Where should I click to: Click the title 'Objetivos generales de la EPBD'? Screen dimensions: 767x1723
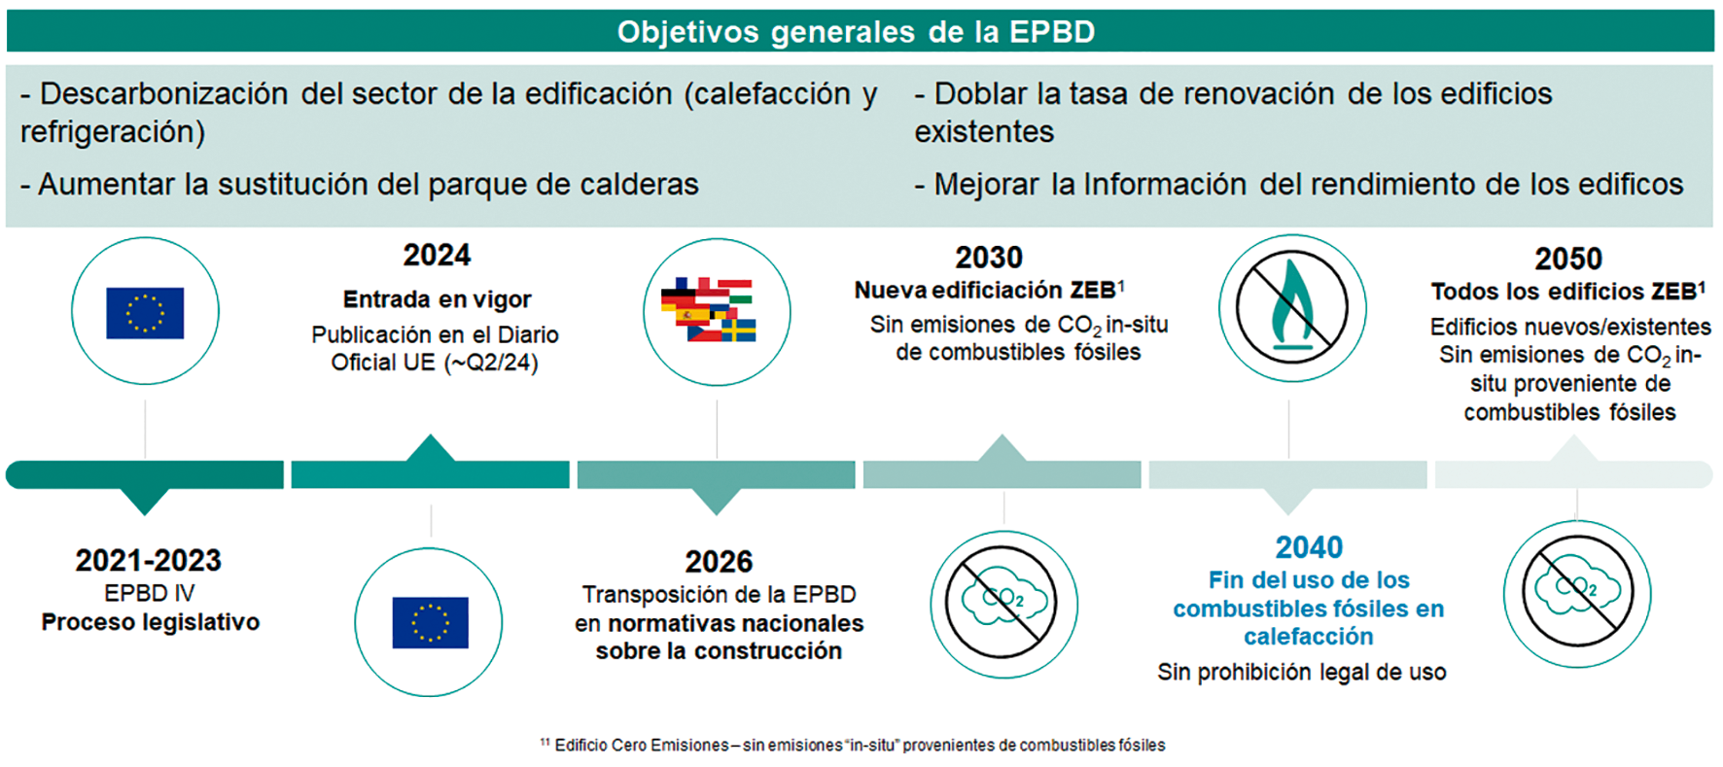(856, 32)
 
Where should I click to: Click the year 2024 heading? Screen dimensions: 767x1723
(437, 256)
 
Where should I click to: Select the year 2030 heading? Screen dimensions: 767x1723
(988, 258)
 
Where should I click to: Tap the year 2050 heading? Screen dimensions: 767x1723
(1567, 259)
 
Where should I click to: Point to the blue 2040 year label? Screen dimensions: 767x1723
(1309, 547)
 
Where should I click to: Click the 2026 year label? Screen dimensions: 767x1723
(719, 562)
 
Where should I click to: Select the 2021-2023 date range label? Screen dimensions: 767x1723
(149, 561)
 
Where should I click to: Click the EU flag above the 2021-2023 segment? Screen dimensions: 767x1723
(145, 312)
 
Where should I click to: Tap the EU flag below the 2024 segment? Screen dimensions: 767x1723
(430, 622)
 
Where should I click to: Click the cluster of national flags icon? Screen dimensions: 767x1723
(716, 312)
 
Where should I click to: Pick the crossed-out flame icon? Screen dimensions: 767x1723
(1291, 308)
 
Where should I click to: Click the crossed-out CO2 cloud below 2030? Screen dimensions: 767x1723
(1003, 604)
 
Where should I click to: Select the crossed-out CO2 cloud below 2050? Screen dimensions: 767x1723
(1576, 593)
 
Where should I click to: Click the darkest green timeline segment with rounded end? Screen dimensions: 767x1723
(145, 474)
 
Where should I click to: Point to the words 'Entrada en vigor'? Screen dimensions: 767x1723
(437, 299)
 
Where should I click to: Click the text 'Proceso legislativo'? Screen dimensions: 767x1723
(151, 622)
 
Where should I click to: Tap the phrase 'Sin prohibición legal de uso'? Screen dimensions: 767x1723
(1301, 672)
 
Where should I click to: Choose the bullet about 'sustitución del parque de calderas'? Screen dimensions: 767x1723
(359, 185)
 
